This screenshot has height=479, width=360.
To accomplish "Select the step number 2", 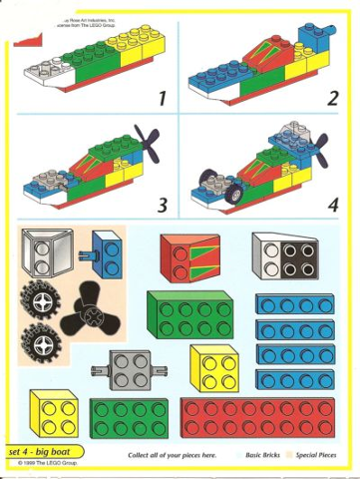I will pyautogui.click(x=332, y=98).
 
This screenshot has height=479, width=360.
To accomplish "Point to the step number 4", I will pyautogui.click(x=331, y=205).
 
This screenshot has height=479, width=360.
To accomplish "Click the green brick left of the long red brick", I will pyautogui.click(x=129, y=420).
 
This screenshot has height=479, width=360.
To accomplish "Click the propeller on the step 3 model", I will pyautogui.click(x=146, y=142).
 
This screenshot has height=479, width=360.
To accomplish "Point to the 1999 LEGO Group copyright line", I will pyautogui.click(x=42, y=464).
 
